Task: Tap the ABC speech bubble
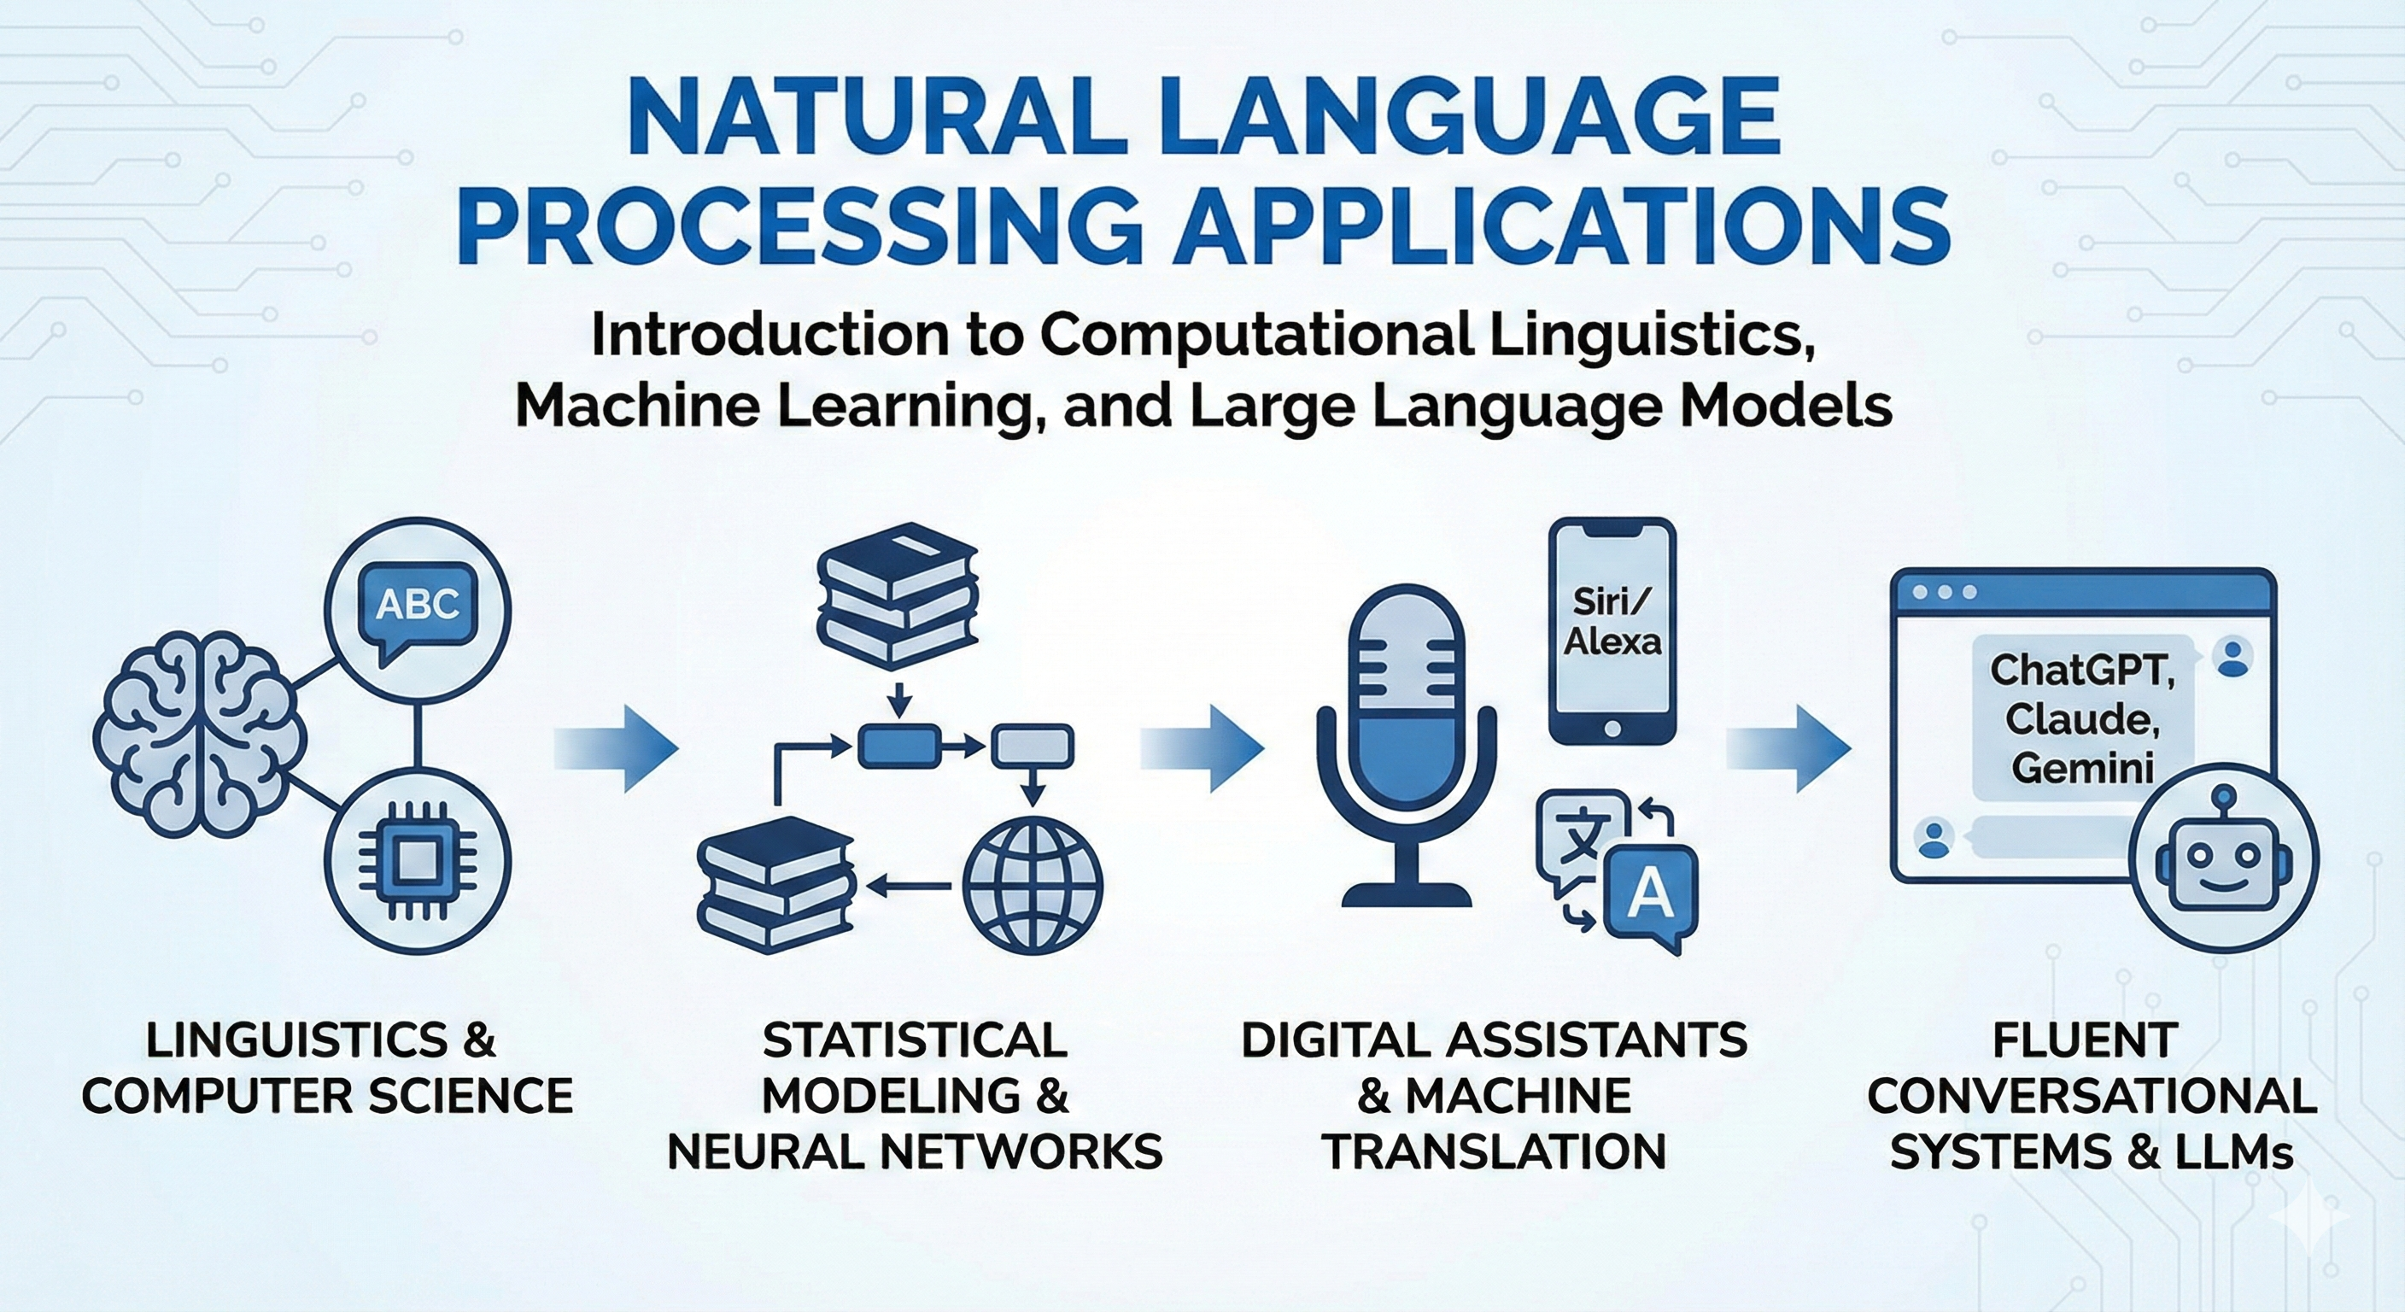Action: (x=418, y=606)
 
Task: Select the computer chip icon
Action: (x=418, y=859)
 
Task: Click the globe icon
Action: (x=1032, y=885)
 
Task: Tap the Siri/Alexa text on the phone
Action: (x=1612, y=621)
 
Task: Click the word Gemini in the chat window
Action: (x=2082, y=768)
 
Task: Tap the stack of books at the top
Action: (x=898, y=598)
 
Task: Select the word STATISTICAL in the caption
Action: (x=915, y=1040)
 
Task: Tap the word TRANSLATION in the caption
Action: (x=1495, y=1151)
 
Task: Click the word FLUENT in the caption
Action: (x=2084, y=1040)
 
